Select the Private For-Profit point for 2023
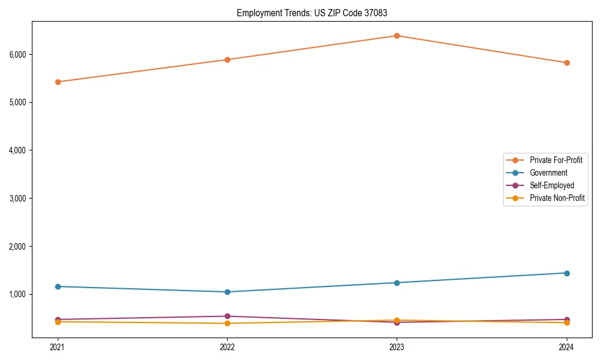(397, 35)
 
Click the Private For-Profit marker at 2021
(58, 82)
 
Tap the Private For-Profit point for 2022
(227, 60)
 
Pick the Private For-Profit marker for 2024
(567, 63)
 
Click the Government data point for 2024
(567, 273)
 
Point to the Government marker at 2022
(227, 292)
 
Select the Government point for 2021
(58, 286)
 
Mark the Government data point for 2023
(397, 283)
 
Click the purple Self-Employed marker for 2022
(227, 316)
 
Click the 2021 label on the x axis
(58, 347)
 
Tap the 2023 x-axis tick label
(397, 347)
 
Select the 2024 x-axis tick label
(567, 347)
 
